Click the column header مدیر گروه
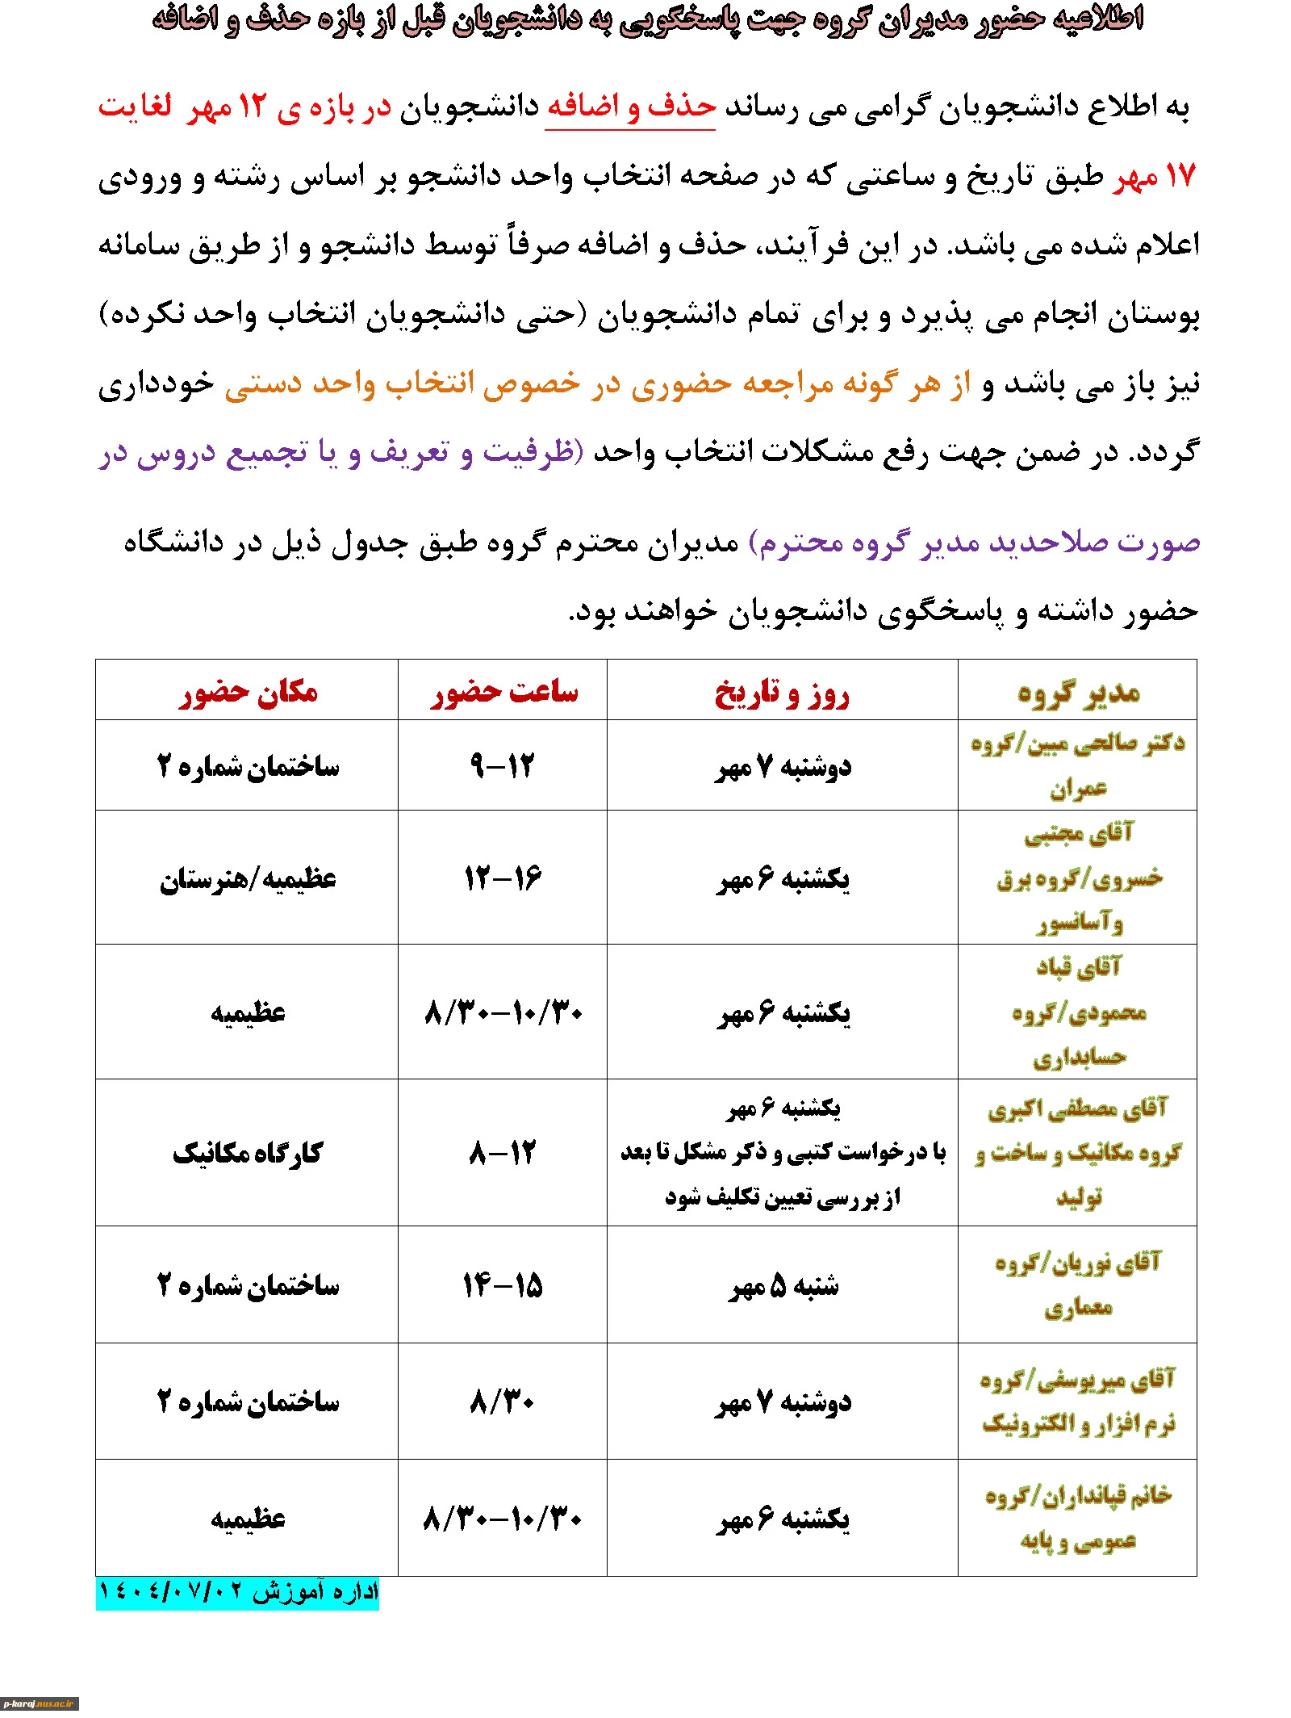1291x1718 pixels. (x=1078, y=692)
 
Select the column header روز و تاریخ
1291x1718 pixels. (x=782, y=693)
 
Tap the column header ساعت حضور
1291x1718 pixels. (x=503, y=692)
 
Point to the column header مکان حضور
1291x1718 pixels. (x=249, y=692)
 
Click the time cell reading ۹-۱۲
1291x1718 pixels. (x=502, y=765)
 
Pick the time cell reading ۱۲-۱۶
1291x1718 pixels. (x=502, y=878)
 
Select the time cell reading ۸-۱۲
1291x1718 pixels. (x=502, y=1152)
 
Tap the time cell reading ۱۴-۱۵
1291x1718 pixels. (x=502, y=1285)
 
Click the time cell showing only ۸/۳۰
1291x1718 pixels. (x=502, y=1402)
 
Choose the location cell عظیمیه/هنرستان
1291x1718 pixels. (x=248, y=878)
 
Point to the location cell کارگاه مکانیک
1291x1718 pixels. (x=248, y=1152)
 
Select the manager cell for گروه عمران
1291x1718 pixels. (x=1078, y=765)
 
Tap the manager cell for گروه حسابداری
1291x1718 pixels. (x=1078, y=1012)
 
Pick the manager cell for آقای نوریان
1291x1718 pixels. (x=1078, y=1284)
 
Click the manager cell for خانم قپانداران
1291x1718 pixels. (x=1078, y=1518)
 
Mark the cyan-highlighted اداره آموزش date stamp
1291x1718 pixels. (x=237, y=1592)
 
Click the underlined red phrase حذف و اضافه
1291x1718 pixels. (x=631, y=107)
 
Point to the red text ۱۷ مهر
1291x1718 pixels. (x=1154, y=176)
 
